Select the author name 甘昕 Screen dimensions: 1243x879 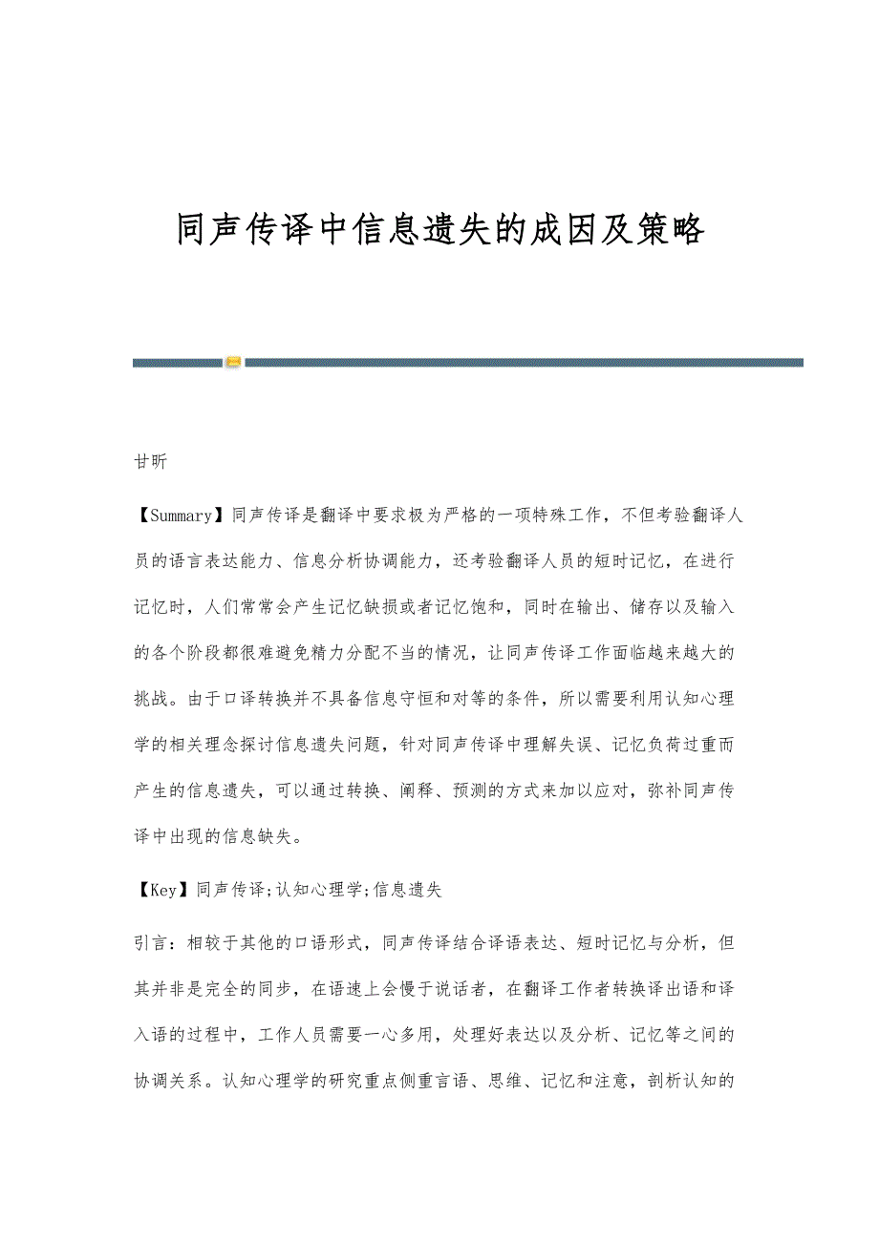tap(150, 462)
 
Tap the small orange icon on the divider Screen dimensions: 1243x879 tap(233, 362)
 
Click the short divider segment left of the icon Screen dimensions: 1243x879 tap(178, 362)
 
